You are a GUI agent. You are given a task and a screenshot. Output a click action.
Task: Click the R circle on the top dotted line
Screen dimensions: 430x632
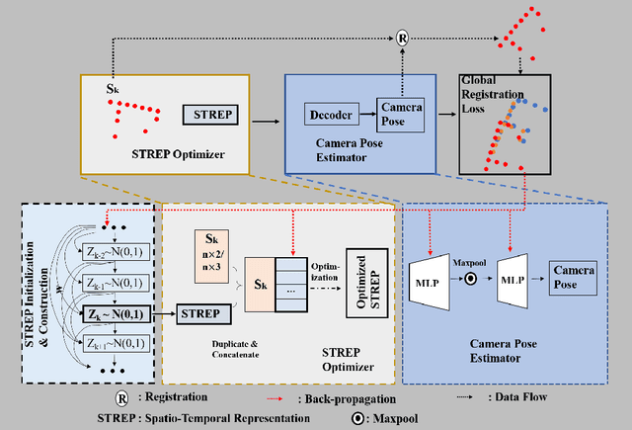coord(403,39)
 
